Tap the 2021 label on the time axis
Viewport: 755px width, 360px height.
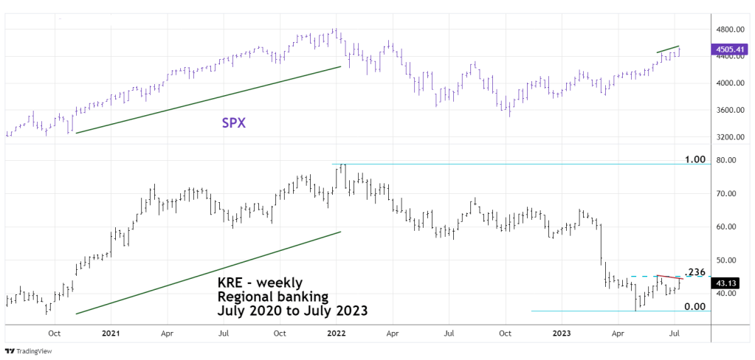coord(110,333)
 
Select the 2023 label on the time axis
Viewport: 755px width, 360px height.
coord(564,333)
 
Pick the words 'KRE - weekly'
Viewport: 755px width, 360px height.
coord(259,283)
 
